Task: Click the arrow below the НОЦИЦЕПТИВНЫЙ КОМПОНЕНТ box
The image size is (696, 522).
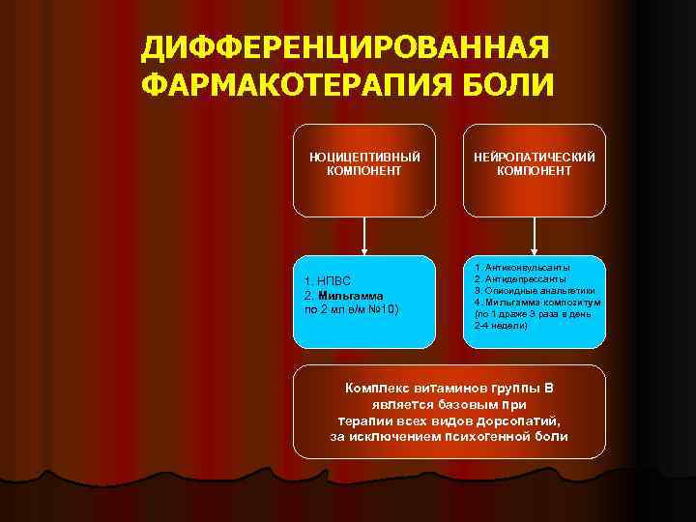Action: [364, 235]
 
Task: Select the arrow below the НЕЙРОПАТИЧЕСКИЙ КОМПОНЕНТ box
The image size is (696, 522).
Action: [535, 235]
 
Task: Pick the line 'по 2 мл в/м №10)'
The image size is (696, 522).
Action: [351, 308]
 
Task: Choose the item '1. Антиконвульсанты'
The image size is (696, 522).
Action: [522, 267]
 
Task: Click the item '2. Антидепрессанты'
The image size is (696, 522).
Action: [520, 278]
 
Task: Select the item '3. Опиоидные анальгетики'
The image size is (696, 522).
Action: [535, 290]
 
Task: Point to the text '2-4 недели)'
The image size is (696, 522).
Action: [501, 326]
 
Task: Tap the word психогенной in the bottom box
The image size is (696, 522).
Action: [480, 437]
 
